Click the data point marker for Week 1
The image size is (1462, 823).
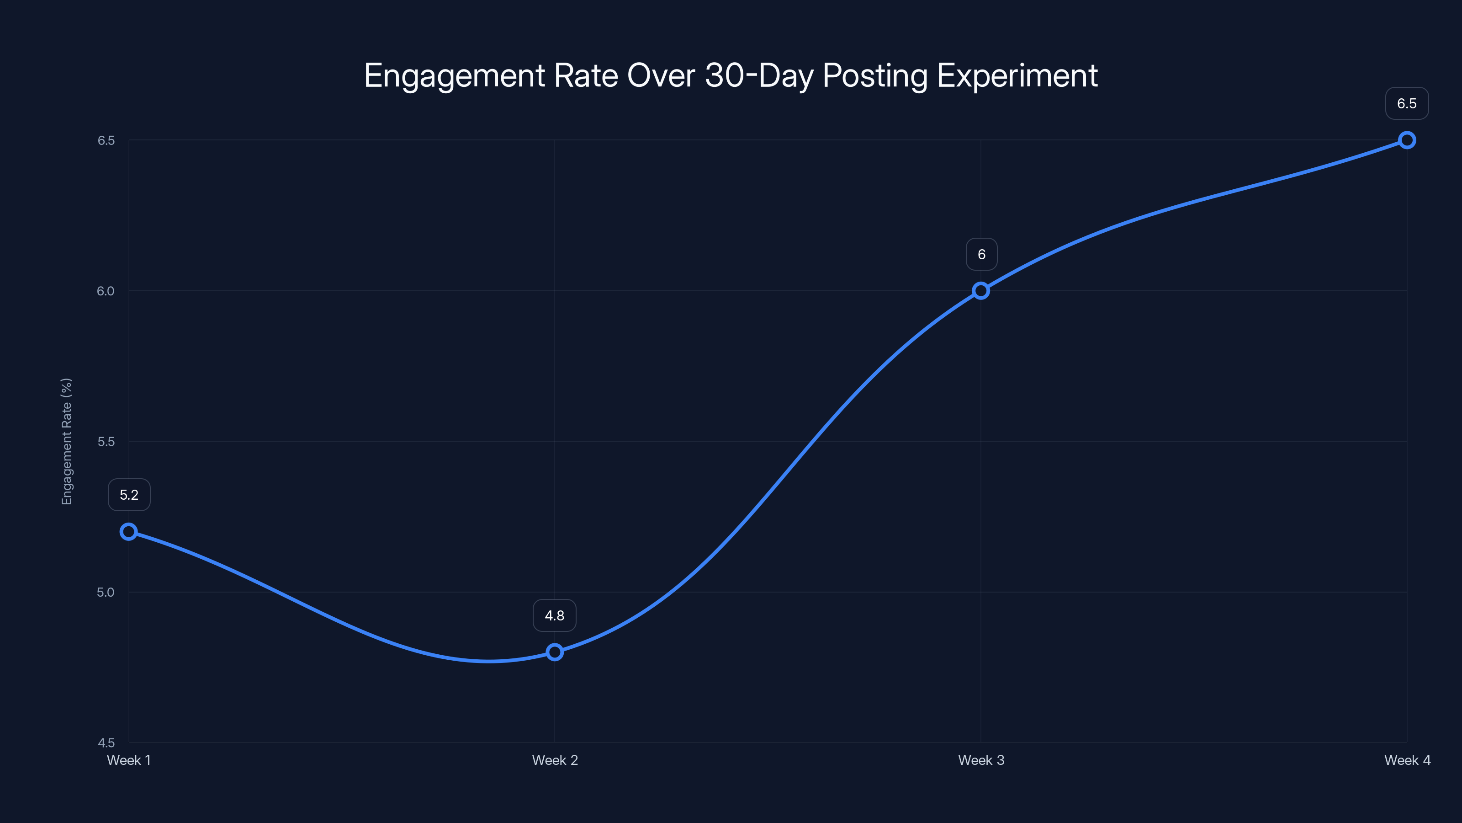129,532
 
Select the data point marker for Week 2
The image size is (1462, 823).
555,652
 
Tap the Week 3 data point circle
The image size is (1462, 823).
981,291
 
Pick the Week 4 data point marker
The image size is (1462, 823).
1407,140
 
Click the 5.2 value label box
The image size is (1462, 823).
129,495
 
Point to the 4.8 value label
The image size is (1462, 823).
555,616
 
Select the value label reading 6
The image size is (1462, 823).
981,255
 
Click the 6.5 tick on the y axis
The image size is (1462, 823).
106,140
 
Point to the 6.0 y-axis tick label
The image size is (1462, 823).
106,291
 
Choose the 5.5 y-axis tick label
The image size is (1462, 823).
106,441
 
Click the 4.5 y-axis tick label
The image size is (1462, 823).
106,743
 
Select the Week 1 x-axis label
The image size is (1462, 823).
129,760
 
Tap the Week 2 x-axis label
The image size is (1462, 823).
555,760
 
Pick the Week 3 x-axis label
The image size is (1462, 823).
981,760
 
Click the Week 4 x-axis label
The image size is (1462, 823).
1407,760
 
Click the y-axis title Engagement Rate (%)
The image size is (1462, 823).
67,441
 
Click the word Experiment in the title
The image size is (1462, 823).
1017,75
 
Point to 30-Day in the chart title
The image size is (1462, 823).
759,75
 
